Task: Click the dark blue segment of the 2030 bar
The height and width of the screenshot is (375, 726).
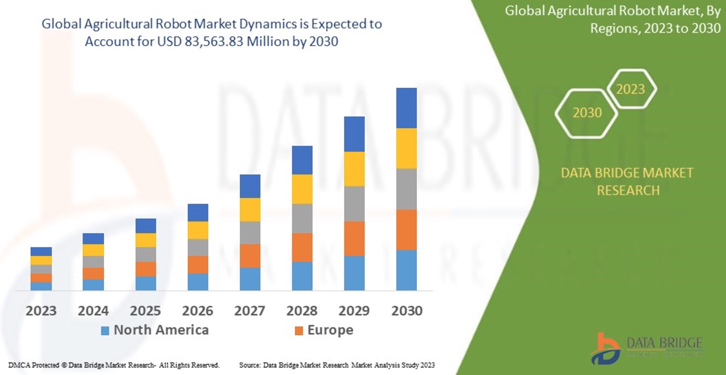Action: (x=406, y=108)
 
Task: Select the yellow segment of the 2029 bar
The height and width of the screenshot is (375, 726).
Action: (x=354, y=169)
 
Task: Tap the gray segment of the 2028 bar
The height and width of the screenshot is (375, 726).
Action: (x=302, y=218)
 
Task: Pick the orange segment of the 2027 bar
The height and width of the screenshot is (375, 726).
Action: (x=250, y=256)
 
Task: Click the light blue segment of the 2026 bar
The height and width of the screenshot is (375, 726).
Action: (x=198, y=282)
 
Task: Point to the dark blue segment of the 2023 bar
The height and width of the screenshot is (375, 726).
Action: (x=41, y=251)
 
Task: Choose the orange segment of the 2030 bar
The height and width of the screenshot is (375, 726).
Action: (x=406, y=230)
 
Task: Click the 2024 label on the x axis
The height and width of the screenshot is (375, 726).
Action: (x=93, y=311)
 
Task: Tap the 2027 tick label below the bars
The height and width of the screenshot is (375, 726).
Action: (x=250, y=311)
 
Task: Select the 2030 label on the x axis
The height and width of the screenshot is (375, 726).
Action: (x=407, y=311)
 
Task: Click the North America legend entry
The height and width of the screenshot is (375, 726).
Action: (x=161, y=330)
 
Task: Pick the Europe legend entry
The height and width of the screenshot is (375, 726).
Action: (x=330, y=330)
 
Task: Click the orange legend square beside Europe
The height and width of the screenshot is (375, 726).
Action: (x=299, y=331)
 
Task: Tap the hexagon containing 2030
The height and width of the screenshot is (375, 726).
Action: (x=587, y=113)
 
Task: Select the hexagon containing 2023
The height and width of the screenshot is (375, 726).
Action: (x=631, y=89)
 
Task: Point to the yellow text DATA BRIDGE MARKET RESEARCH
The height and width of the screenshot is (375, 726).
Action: (x=628, y=182)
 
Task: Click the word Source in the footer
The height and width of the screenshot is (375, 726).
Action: (x=249, y=365)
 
